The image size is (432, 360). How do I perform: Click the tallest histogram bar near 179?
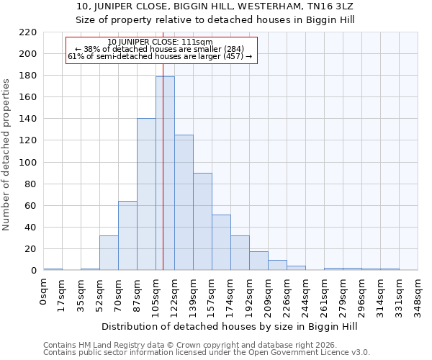pos(165,173)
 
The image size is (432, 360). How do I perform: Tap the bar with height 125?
pos(184,202)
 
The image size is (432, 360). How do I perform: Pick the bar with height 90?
pos(202,222)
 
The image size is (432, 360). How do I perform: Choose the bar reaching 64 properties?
pos(127,235)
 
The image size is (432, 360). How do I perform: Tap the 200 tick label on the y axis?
pos(28,54)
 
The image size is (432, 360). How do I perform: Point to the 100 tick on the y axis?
pos(28,162)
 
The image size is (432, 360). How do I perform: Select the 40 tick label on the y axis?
pos(31,228)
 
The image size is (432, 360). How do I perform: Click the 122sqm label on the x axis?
pos(175,294)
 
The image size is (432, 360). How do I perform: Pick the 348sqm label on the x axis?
pos(418,294)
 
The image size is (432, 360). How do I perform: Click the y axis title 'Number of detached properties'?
pos(7,155)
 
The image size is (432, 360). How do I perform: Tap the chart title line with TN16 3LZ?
pos(215,6)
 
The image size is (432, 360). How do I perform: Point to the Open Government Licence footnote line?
pos(207,353)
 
